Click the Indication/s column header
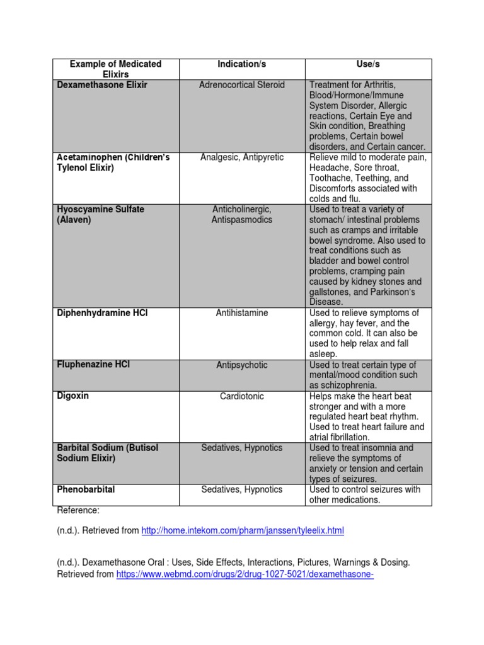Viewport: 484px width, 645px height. [x=242, y=64]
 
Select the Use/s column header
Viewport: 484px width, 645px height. [x=369, y=64]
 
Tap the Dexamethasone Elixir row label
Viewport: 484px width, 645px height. [x=102, y=85]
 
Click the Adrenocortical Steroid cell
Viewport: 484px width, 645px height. [x=242, y=85]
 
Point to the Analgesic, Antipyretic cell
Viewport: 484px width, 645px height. [x=242, y=157]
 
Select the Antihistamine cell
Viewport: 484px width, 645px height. [x=242, y=313]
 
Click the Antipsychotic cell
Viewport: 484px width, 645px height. [x=242, y=365]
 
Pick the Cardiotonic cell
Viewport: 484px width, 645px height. [x=242, y=396]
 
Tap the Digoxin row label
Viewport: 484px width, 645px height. [x=73, y=396]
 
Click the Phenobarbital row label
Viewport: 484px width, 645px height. [x=86, y=489]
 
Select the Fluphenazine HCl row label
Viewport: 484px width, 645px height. [x=93, y=365]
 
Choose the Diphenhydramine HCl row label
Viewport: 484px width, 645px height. [x=102, y=313]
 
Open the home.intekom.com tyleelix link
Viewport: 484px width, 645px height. [x=243, y=531]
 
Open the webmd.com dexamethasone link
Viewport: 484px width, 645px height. [x=245, y=574]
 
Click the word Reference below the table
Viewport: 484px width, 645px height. [x=78, y=510]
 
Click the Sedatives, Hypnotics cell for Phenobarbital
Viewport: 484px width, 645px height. [x=242, y=489]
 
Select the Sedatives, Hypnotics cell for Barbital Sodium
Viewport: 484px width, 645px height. [x=242, y=448]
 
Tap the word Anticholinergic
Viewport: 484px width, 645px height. [x=242, y=209]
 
